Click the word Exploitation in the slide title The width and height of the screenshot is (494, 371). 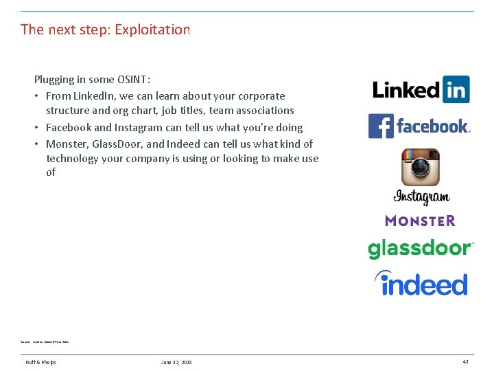pos(152,30)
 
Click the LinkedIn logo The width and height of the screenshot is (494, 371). pos(421,90)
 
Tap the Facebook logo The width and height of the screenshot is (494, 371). pos(419,126)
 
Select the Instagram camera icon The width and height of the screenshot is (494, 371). pos(421,167)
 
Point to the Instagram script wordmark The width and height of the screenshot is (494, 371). pos(421,197)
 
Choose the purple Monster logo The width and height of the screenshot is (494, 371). pos(420,221)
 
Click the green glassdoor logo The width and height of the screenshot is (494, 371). pos(421,248)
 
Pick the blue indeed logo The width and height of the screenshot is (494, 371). pos(421,283)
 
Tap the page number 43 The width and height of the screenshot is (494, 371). pos(465,362)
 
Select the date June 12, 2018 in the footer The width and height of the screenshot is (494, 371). pos(176,362)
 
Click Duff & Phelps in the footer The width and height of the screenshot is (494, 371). pos(41,362)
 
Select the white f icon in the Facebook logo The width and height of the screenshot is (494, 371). pos(381,126)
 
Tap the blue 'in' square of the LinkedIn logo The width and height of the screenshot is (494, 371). pos(456,90)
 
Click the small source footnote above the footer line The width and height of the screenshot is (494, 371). pos(45,341)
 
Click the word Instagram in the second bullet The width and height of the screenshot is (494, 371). pos(139,127)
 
